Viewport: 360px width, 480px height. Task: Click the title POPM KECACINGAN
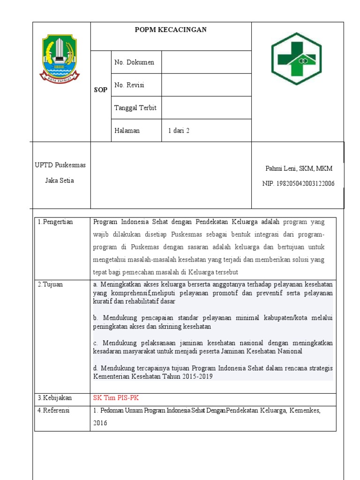click(171, 30)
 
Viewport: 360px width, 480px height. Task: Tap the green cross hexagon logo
click(296, 59)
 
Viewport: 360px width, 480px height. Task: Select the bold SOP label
click(100, 90)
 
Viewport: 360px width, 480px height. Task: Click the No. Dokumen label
click(134, 62)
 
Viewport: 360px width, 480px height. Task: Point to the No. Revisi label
click(129, 85)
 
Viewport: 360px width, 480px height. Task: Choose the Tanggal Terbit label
click(135, 108)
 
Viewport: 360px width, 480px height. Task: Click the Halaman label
click(127, 131)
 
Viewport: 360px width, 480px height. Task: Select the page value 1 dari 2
click(179, 131)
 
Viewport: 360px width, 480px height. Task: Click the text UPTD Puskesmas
click(60, 165)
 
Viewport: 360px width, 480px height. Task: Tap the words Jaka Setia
click(59, 180)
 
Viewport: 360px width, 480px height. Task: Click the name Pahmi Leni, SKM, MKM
click(299, 168)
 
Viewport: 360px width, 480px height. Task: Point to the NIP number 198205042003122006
click(298, 184)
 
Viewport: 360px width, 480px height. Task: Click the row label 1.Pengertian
click(55, 222)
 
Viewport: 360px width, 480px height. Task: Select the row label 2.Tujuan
click(50, 285)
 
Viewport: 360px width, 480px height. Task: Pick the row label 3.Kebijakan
click(55, 398)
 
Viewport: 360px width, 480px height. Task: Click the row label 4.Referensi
click(54, 411)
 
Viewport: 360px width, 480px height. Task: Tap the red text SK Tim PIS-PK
click(116, 398)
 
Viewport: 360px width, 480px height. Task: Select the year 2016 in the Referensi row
click(100, 423)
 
